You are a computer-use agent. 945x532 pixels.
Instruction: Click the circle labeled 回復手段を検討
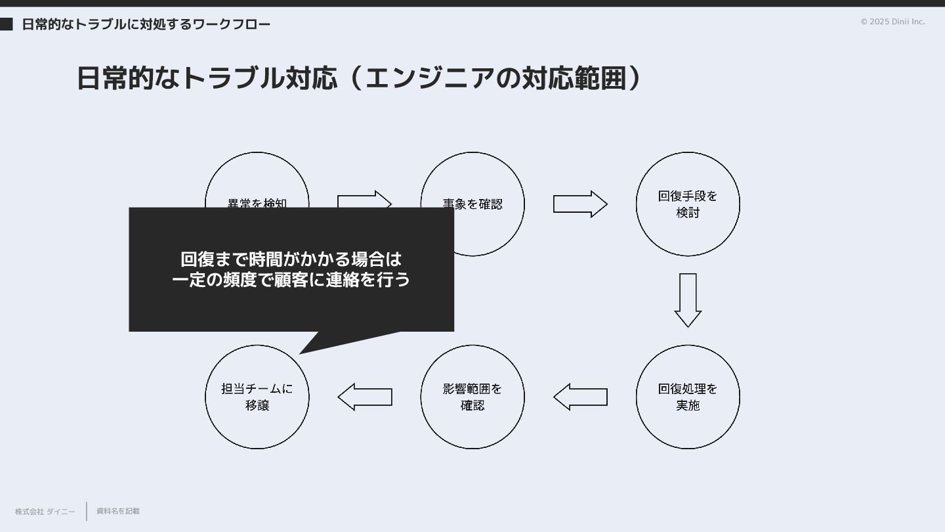[688, 204]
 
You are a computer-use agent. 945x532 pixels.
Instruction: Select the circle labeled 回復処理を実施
[688, 397]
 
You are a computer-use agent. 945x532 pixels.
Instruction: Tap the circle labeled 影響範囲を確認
[472, 397]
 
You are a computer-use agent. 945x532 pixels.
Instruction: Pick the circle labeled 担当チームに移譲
[257, 397]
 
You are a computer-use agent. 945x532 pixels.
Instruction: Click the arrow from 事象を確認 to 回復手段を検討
[580, 204]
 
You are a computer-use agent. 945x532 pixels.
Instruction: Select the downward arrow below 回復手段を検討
[688, 300]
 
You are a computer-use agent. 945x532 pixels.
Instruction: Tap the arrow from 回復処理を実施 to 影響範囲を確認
[580, 397]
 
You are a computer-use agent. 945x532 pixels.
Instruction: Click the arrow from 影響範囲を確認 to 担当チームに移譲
[365, 397]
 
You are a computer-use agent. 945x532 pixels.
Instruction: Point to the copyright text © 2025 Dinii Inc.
[892, 22]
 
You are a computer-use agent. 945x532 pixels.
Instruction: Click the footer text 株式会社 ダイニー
[45, 512]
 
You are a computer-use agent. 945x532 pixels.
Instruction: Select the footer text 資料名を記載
[118, 511]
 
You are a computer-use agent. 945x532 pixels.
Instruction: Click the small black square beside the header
[7, 24]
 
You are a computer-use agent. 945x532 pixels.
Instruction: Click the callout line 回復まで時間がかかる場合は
[291, 259]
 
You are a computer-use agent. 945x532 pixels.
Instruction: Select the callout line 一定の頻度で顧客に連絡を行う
[291, 280]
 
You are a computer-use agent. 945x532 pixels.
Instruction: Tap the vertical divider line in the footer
[87, 511]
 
